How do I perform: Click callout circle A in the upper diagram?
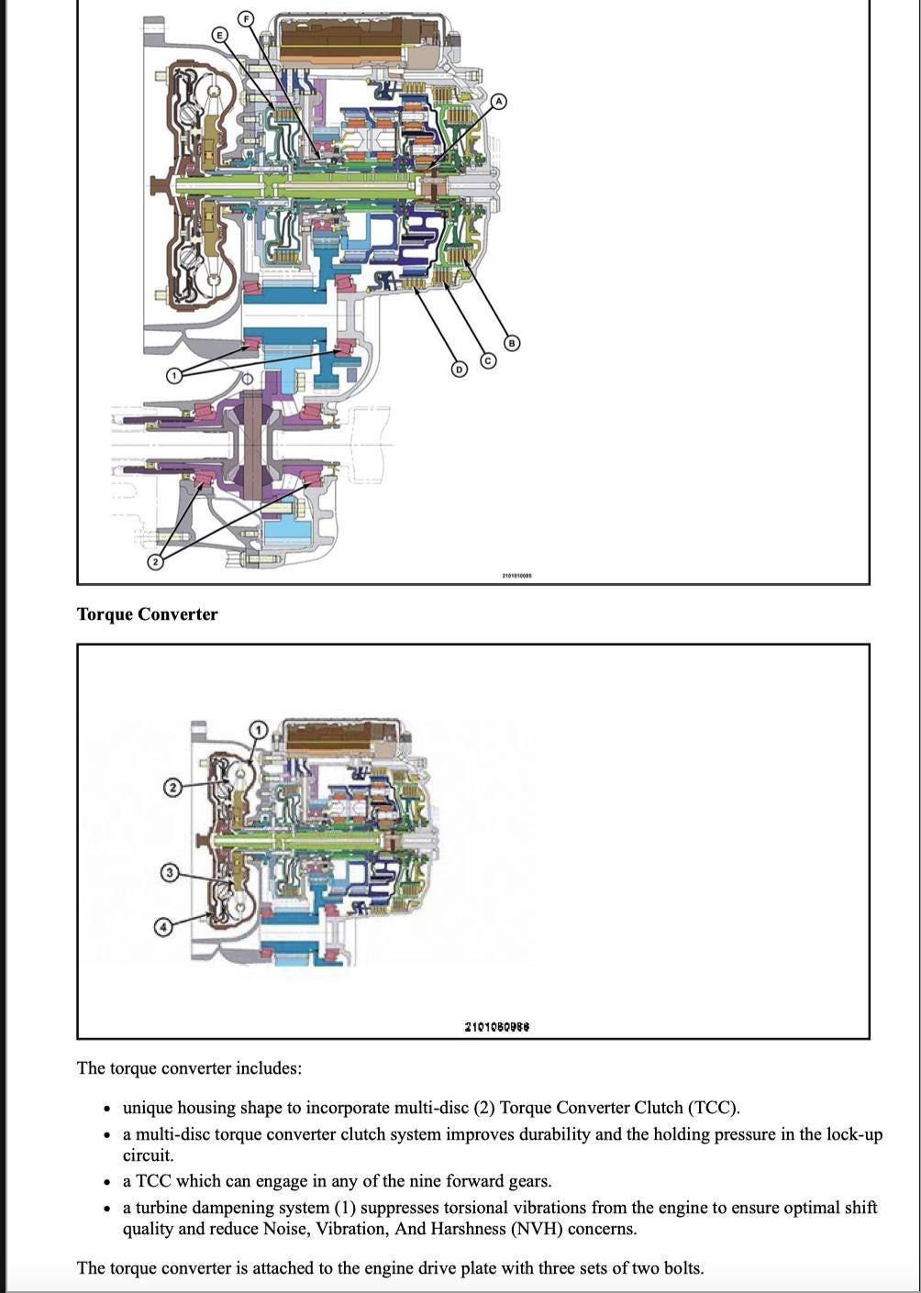498,101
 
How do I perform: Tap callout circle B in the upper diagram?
513,343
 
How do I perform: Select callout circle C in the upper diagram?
487,361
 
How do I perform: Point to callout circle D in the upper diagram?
459,369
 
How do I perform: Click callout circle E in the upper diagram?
219,35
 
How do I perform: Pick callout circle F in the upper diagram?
245,18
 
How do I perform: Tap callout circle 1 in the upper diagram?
174,374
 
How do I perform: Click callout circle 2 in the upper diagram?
155,561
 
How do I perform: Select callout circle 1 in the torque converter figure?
259,730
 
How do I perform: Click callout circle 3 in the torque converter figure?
169,871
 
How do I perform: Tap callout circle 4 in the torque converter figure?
163,926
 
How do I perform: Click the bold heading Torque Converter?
147,614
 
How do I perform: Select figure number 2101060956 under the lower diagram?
497,1026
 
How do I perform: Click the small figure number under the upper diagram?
516,575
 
